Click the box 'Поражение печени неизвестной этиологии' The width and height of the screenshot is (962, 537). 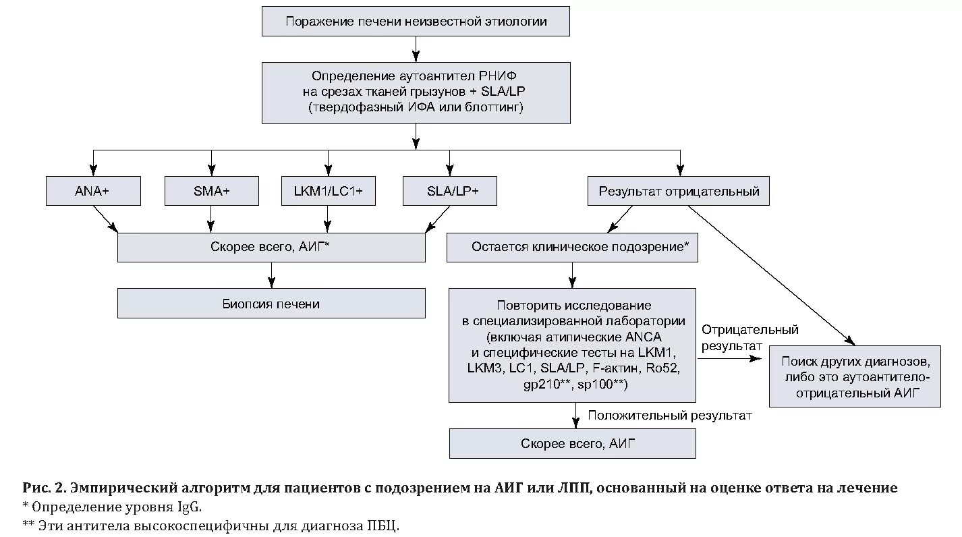tap(416, 22)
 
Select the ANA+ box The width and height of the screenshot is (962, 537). tap(93, 191)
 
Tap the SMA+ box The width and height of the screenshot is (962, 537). tap(211, 191)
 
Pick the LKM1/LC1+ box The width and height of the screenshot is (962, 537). tap(328, 191)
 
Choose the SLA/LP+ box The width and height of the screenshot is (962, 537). tap(449, 191)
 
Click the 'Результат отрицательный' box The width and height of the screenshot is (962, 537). tap(679, 191)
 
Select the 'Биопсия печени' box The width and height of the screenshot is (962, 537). tap(271, 304)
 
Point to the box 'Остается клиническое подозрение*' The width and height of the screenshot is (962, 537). tap(572, 248)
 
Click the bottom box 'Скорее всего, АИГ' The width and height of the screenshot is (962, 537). tap(572, 444)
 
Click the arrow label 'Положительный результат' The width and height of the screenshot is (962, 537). tap(669, 416)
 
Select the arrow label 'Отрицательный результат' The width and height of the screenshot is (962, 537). tap(749, 337)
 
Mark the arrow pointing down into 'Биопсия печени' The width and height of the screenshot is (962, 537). tap(271, 275)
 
